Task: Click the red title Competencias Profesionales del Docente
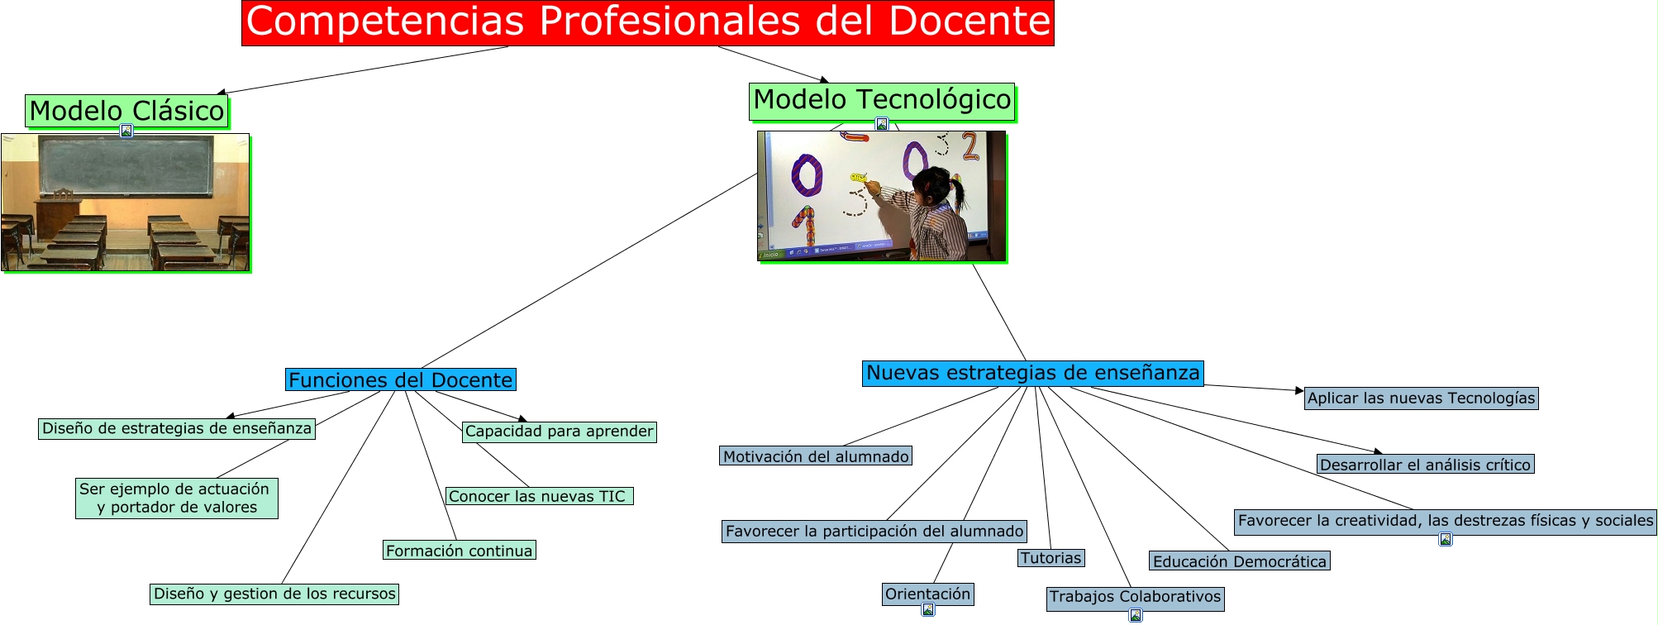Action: (647, 22)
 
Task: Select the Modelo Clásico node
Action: (126, 111)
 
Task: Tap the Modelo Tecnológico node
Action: (882, 100)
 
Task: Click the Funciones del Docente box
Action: (401, 379)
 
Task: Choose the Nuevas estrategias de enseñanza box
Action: (1032, 373)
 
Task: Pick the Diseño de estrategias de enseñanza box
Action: (177, 428)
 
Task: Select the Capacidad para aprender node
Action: (559, 431)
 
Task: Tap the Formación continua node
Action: (459, 551)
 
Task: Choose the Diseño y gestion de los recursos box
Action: (274, 594)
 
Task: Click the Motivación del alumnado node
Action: (816, 456)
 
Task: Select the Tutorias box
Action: (1051, 558)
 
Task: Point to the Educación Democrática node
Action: (1239, 561)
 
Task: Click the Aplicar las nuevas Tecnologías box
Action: (1421, 398)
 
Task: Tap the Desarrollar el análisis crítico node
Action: (1425, 465)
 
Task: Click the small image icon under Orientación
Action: (928, 610)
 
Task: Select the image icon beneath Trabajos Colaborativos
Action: (1136, 615)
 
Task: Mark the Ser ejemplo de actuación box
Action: (176, 498)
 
